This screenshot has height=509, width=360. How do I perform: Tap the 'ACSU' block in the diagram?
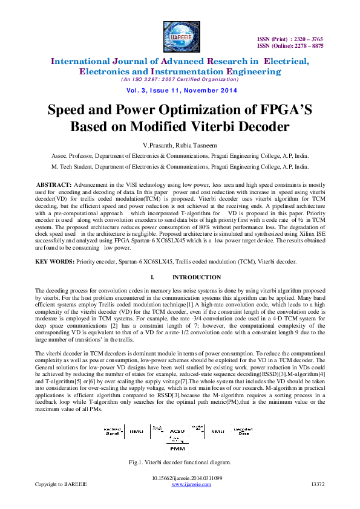coord(177,431)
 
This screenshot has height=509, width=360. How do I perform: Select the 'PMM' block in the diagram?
coord(177,450)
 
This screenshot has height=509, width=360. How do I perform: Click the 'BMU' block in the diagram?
coord(136,432)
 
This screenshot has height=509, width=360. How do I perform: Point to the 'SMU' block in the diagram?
coord(217,432)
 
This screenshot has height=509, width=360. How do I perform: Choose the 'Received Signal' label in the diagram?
coord(111,432)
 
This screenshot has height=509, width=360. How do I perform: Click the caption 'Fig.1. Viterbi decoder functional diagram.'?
coord(180,462)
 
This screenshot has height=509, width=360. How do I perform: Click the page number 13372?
coord(317,485)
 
